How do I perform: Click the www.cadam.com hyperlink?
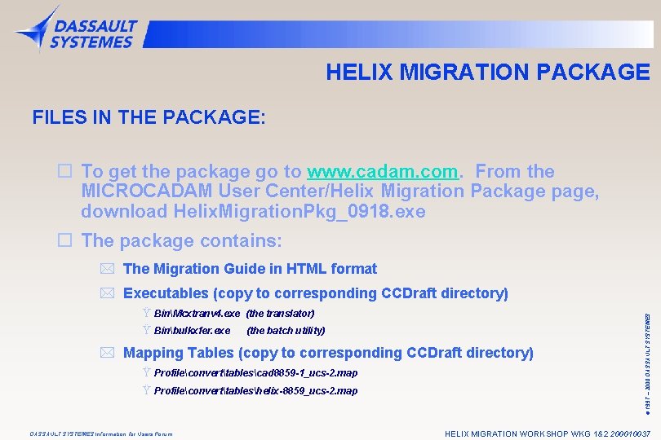382,172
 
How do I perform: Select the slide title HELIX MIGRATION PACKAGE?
487,73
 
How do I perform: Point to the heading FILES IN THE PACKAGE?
149,118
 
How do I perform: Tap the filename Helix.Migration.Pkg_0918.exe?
299,212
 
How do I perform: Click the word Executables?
166,293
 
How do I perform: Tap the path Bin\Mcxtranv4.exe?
197,313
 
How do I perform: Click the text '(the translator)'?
280,313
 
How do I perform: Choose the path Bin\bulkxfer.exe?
192,331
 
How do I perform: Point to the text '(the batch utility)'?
286,331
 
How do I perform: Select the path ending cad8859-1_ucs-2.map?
255,373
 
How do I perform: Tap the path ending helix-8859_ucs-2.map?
255,391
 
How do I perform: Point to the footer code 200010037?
628,433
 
